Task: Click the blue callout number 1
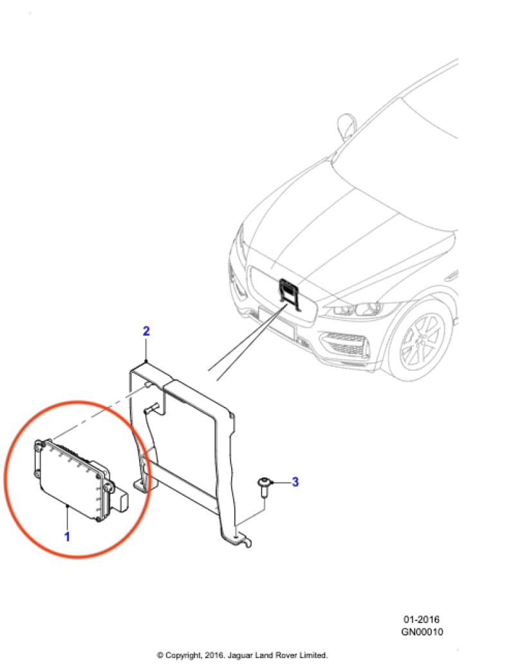67,536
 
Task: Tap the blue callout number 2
146,330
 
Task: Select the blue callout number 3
295,482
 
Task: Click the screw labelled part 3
264,488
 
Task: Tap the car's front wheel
421,341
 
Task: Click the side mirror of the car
346,126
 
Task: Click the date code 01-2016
422,619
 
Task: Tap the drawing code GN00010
422,632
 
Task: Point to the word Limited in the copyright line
314,655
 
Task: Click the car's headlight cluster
357,308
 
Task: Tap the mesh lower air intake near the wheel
345,345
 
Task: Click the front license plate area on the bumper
276,322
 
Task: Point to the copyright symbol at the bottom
160,655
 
